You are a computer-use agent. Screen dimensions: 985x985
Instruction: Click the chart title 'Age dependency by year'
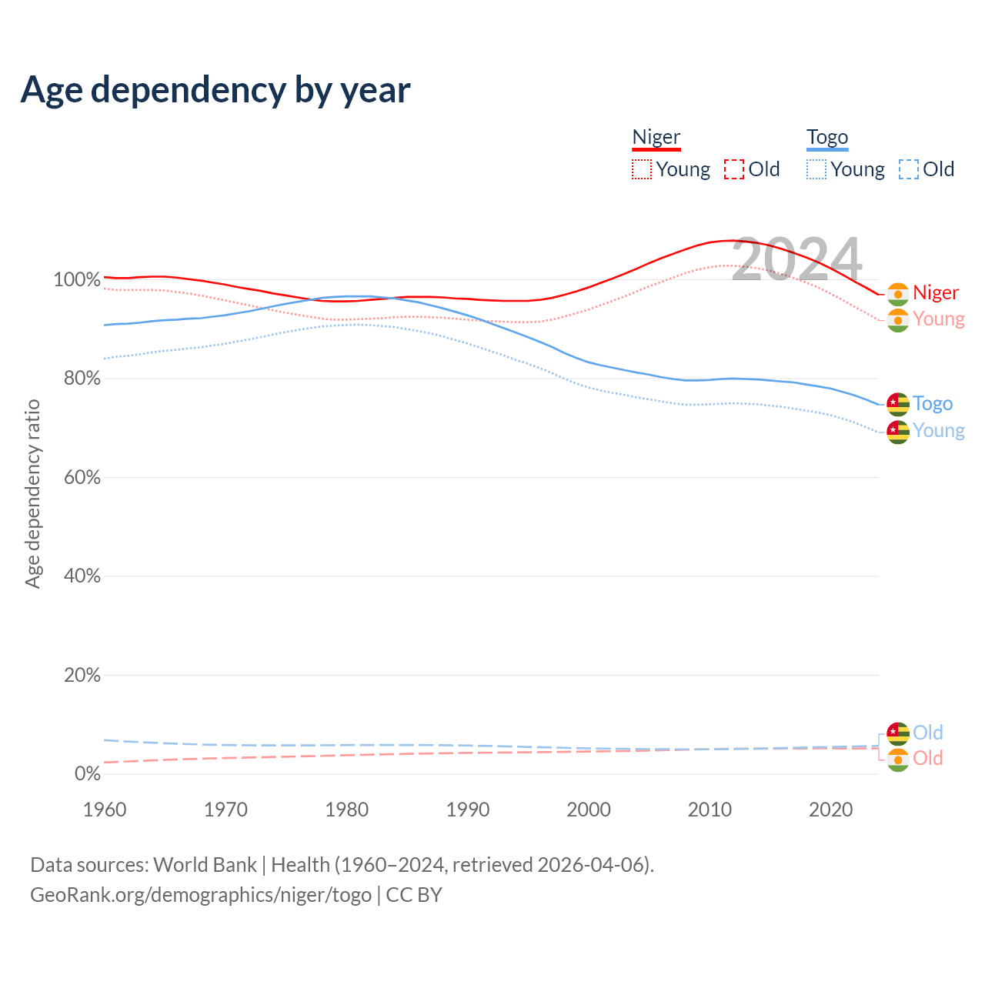click(x=215, y=90)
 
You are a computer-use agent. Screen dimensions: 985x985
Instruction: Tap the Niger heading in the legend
click(x=656, y=137)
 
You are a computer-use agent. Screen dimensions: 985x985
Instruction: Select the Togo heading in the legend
click(x=827, y=138)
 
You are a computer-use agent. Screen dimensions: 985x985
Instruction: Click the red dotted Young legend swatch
click(x=641, y=169)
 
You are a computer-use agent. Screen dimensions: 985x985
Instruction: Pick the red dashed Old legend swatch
click(x=734, y=169)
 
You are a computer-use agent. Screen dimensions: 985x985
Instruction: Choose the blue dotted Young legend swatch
click(x=816, y=169)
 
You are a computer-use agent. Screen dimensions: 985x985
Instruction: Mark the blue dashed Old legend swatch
click(x=909, y=169)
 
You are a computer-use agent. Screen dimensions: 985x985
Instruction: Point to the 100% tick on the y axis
click(x=77, y=280)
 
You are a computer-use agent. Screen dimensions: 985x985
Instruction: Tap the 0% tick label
click(x=87, y=774)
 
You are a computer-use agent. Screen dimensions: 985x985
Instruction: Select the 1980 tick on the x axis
click(x=347, y=810)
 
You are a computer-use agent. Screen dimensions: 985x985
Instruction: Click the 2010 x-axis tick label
click(x=710, y=810)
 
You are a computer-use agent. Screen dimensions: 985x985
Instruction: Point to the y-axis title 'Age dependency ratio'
click(x=32, y=493)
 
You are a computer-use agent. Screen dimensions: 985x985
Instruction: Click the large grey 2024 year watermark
click(x=796, y=259)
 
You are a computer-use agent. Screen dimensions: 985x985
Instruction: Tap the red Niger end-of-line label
click(x=936, y=293)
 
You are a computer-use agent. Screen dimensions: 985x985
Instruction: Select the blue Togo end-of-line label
click(x=933, y=404)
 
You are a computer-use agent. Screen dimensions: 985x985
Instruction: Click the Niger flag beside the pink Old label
click(x=898, y=760)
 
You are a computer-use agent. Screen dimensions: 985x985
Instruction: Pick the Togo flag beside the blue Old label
click(x=898, y=733)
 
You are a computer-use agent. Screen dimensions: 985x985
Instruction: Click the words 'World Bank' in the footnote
click(x=205, y=865)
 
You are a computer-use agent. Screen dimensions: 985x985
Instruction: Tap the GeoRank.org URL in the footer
click(x=201, y=895)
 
